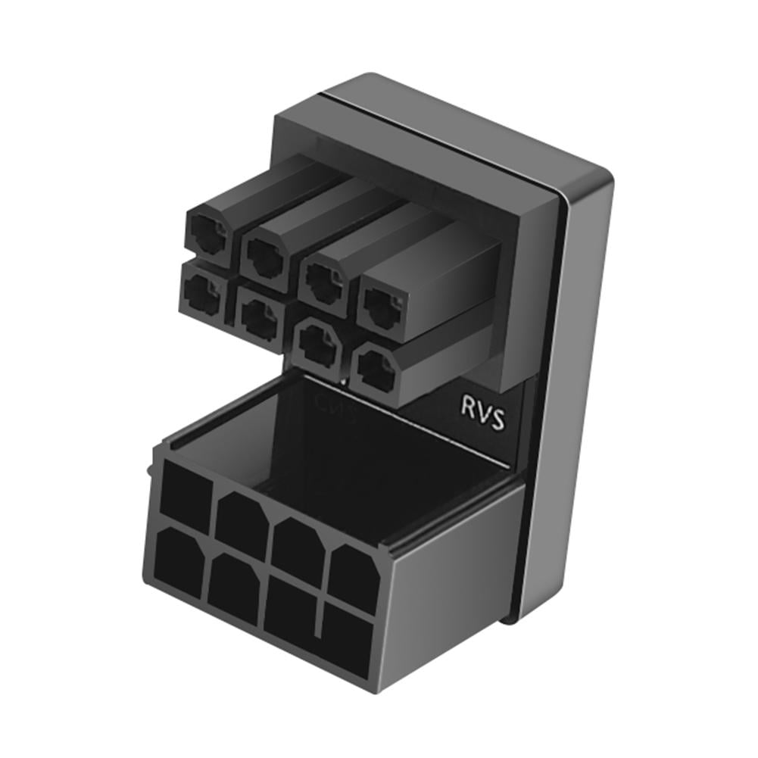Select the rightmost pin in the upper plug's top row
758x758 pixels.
point(382,304)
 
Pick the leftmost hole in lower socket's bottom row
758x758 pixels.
point(180,561)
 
